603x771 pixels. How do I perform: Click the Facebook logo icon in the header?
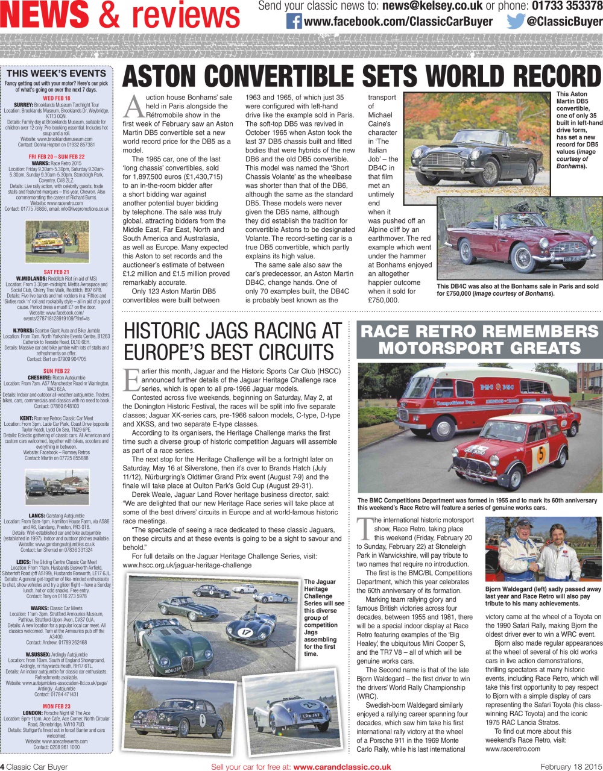click(x=294, y=22)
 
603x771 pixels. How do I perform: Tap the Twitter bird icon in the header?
click(x=516, y=22)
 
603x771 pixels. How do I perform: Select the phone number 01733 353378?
click(x=567, y=6)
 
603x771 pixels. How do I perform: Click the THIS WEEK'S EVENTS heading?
click(x=56, y=73)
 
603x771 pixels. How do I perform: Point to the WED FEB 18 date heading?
click(x=56, y=98)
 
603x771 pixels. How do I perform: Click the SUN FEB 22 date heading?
click(x=56, y=371)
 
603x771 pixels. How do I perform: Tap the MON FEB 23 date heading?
click(x=56, y=706)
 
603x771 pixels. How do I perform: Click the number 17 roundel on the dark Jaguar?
click(x=246, y=632)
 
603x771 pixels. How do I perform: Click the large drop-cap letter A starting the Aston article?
click(x=133, y=107)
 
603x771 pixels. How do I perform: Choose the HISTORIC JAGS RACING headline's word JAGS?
click(x=230, y=332)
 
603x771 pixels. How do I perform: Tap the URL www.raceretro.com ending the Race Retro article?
click(x=513, y=749)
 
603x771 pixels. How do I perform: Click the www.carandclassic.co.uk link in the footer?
click(x=342, y=767)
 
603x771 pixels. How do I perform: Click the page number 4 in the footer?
click(x=2, y=767)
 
